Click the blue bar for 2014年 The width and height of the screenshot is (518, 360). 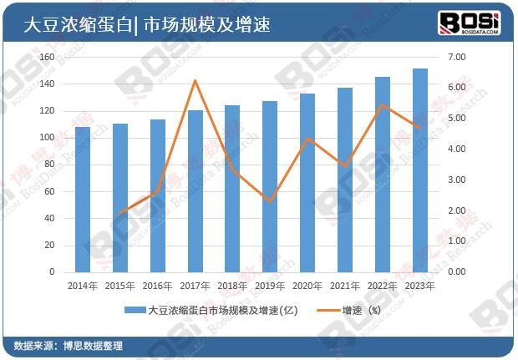(83, 199)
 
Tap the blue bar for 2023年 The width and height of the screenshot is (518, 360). (419, 170)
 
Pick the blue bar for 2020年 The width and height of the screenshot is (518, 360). (307, 183)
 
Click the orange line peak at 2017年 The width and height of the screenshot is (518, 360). (195, 81)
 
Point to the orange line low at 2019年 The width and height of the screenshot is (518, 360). (270, 201)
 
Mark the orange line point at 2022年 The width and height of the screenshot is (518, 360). (383, 105)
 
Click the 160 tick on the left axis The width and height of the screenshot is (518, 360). (47, 57)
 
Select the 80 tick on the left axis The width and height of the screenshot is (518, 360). (49, 165)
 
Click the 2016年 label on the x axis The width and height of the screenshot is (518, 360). (157, 285)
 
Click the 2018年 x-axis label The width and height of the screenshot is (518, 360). (232, 285)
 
